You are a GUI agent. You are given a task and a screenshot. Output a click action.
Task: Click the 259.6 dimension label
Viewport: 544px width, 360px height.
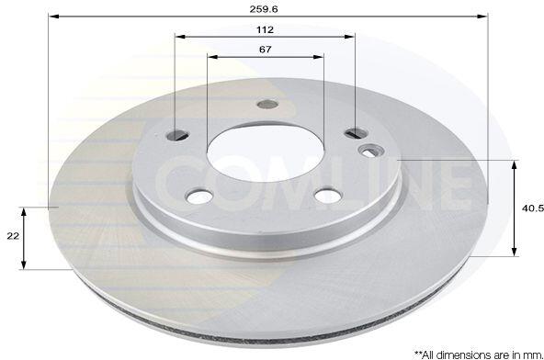pyautogui.click(x=264, y=9)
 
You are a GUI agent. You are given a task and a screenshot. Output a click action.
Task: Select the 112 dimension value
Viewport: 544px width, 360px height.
pyautogui.click(x=265, y=29)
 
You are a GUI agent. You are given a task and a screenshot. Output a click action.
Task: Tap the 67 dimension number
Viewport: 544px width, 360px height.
pyautogui.click(x=266, y=50)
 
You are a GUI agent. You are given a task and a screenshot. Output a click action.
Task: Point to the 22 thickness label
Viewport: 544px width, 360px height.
pyautogui.click(x=13, y=236)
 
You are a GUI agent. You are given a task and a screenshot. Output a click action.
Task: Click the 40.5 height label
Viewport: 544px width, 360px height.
pyautogui.click(x=533, y=208)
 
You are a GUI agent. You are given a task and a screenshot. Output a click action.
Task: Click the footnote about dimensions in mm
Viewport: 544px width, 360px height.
pyautogui.click(x=479, y=354)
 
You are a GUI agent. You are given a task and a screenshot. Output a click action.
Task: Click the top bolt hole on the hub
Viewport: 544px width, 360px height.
pyautogui.click(x=267, y=104)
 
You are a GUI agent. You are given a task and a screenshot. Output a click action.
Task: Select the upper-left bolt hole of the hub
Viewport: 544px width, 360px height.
pyautogui.click(x=177, y=135)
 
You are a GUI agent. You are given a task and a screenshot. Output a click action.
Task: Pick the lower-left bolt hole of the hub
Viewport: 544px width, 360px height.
pyautogui.click(x=199, y=197)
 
